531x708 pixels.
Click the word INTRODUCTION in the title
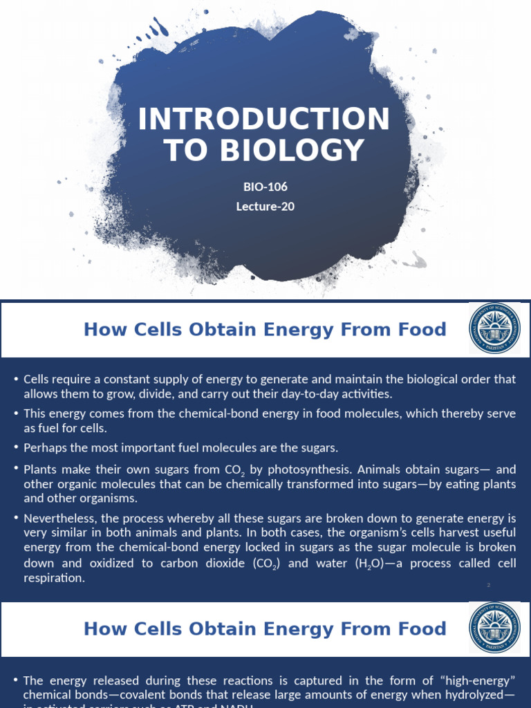[x=264, y=120]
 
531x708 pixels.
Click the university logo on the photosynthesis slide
[x=495, y=328]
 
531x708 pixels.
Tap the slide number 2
[x=488, y=586]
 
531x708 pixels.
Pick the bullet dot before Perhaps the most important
[x=15, y=447]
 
